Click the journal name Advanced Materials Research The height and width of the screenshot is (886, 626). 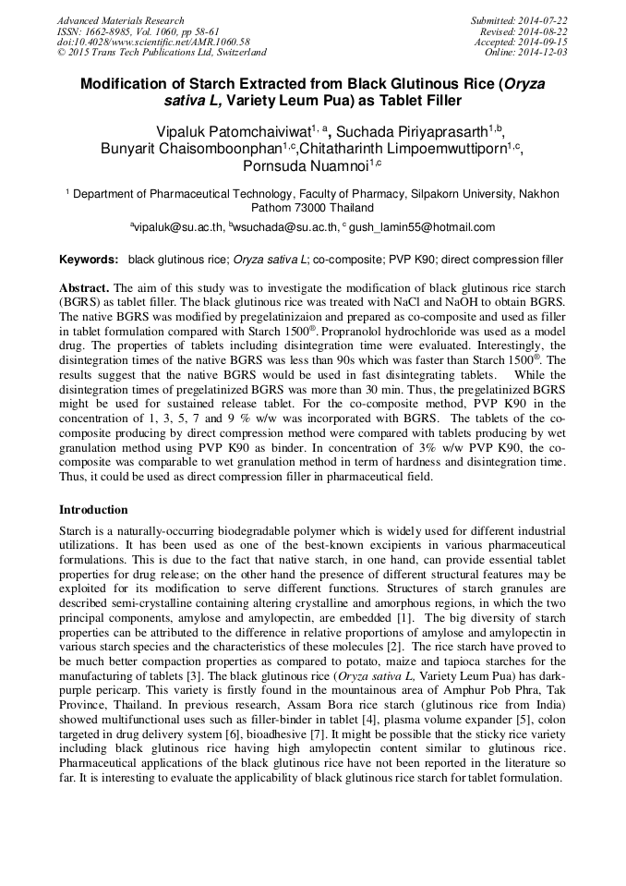pos(120,20)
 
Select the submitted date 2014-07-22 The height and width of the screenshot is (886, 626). pos(542,20)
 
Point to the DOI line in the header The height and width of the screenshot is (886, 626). pos(153,42)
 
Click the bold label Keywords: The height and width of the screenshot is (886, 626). pos(89,260)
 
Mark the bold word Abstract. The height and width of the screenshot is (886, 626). pos(84,287)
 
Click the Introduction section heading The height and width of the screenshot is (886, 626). pos(93,509)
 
